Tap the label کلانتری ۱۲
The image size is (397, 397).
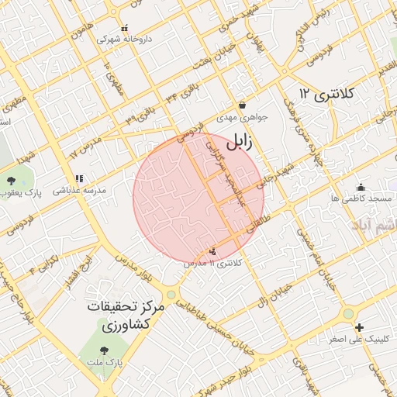pos(326,94)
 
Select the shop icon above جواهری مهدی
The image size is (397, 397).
pos(242,105)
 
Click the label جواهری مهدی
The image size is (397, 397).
pos(242,118)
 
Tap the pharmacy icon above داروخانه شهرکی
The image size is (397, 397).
pos(126,26)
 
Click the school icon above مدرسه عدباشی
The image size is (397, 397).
pos(79,178)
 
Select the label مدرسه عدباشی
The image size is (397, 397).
pos(79,190)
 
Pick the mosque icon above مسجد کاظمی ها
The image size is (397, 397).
pos(361,187)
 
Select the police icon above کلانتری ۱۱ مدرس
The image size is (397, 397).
pos(213,250)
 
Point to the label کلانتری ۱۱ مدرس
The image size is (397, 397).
pos(213,264)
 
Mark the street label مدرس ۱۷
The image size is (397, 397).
pos(85,147)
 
